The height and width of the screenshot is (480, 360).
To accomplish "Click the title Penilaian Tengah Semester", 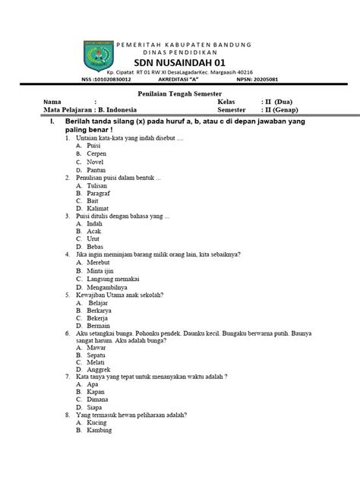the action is pyautogui.click(x=179, y=92).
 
